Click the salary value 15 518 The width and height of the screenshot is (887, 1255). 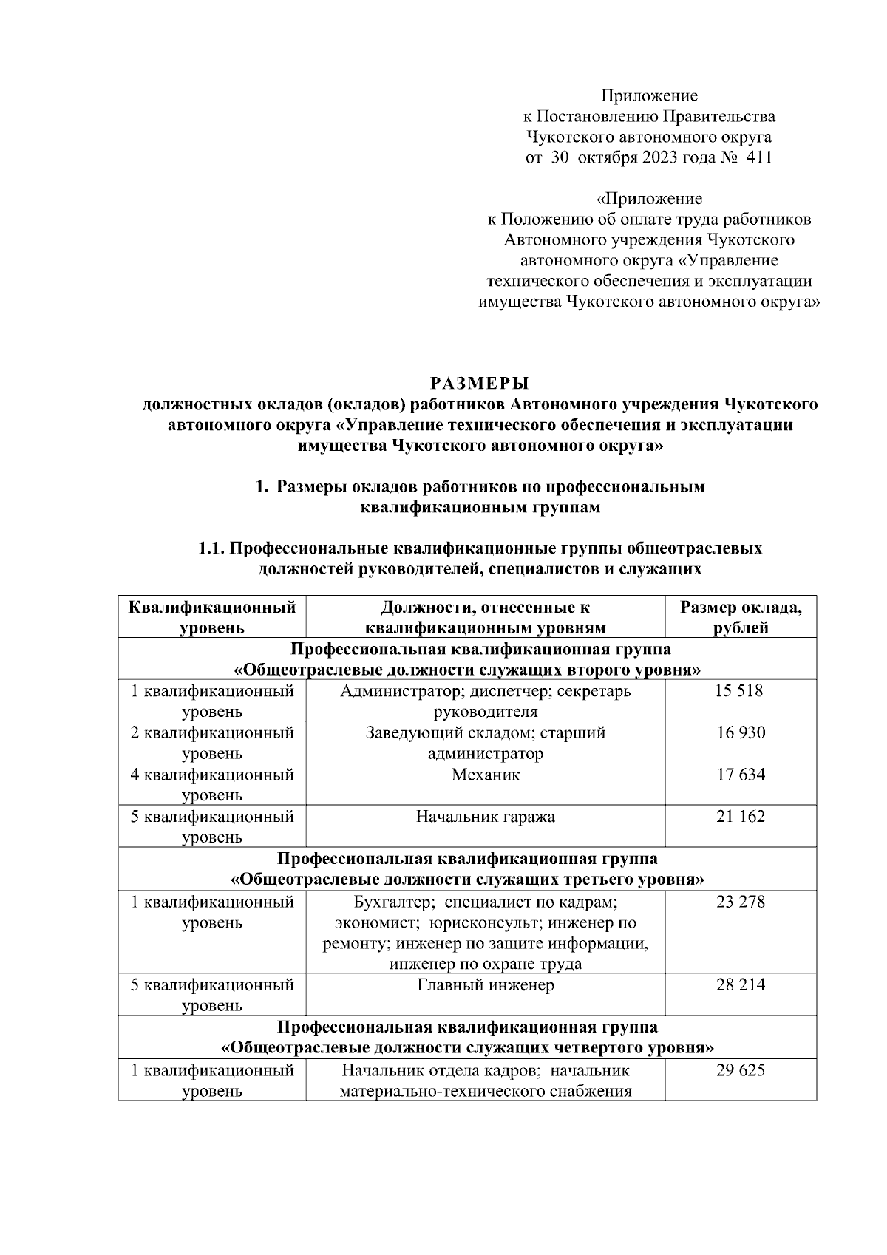click(740, 691)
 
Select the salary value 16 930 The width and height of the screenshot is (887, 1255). click(740, 732)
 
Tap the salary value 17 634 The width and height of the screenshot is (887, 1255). click(740, 775)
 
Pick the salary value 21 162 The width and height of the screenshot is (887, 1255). click(740, 817)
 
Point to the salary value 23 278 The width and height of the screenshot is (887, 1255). click(740, 902)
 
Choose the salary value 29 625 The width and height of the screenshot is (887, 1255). click(740, 1070)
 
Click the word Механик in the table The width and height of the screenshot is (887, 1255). click(486, 775)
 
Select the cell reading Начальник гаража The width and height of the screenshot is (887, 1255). click(486, 817)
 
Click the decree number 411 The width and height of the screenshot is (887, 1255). click(759, 157)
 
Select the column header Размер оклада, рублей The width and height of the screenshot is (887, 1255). click(741, 618)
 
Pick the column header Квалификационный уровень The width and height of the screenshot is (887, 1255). click(212, 618)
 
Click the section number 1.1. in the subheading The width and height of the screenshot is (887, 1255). click(211, 548)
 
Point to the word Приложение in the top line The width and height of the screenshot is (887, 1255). click(648, 95)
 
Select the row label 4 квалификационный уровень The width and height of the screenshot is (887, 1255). click(212, 784)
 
